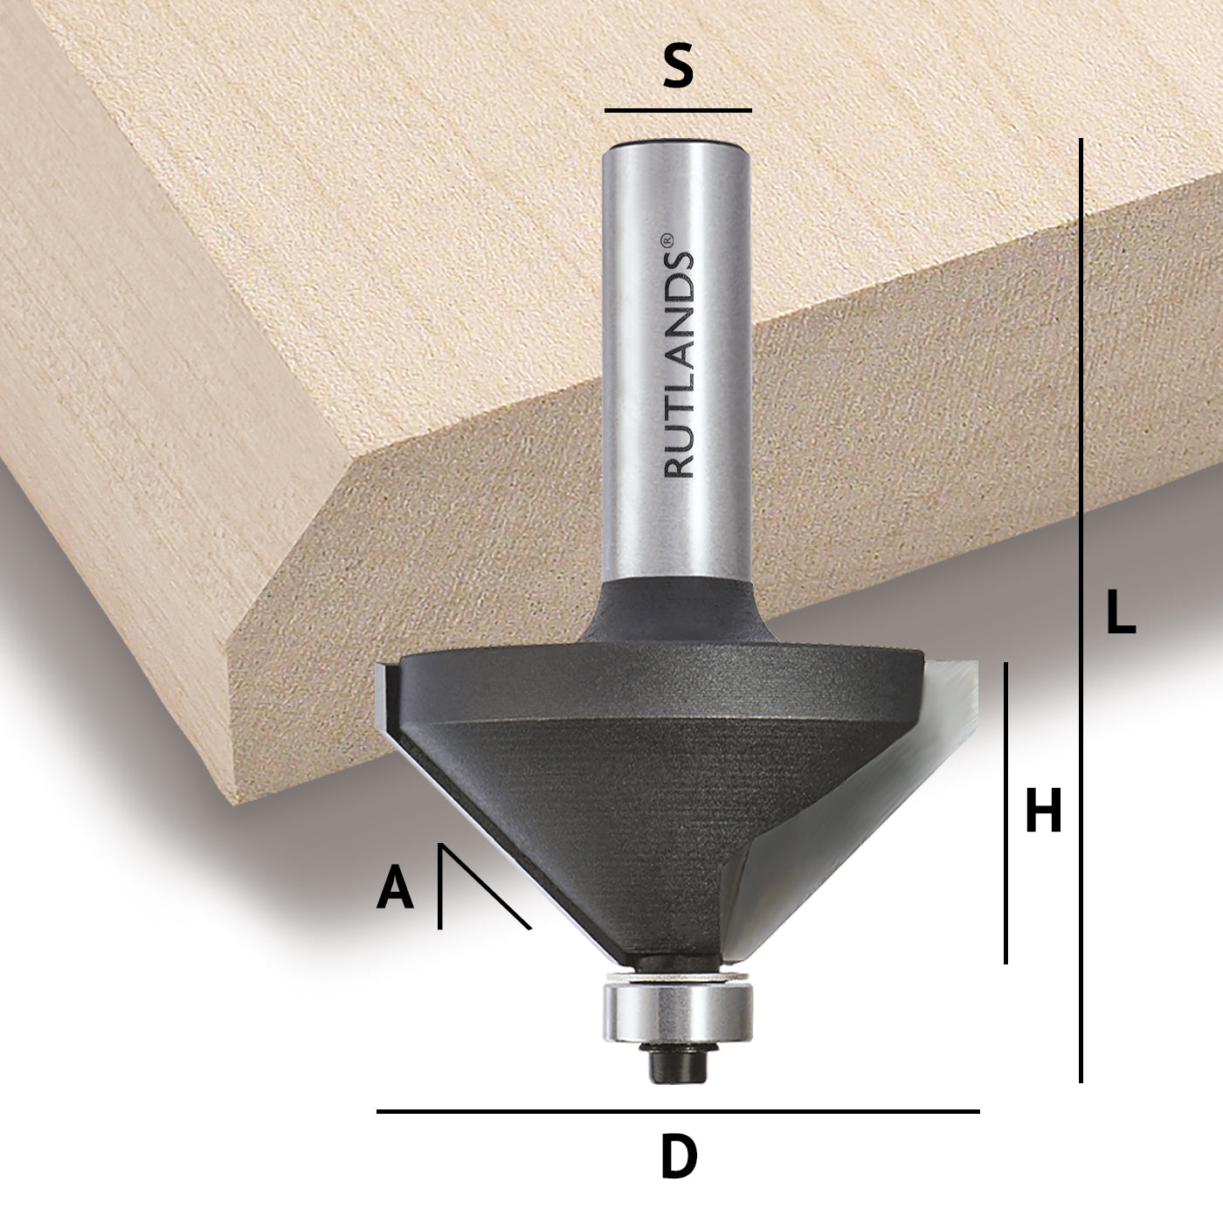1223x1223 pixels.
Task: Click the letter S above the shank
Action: [x=678, y=67]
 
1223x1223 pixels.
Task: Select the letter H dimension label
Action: [x=1043, y=811]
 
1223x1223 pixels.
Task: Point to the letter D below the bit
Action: [x=679, y=1158]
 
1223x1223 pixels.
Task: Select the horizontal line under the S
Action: [x=678, y=111]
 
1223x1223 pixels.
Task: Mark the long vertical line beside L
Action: [x=1081, y=611]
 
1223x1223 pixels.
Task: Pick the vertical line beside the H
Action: [x=1005, y=812]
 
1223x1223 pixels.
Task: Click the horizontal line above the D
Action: [x=678, y=1111]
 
